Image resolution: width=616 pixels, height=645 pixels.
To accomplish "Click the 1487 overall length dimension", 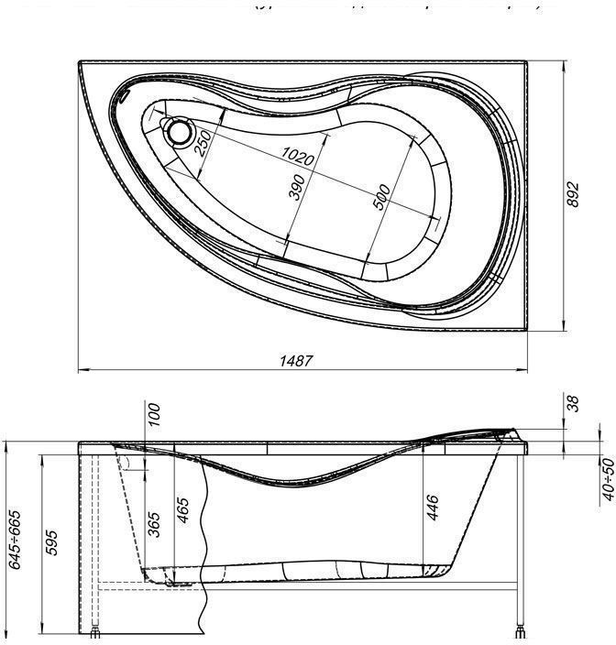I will pyautogui.click(x=296, y=360).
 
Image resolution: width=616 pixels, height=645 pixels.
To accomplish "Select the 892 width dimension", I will pyautogui.click(x=573, y=193).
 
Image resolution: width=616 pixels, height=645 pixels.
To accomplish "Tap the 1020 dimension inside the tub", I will pyautogui.click(x=298, y=157).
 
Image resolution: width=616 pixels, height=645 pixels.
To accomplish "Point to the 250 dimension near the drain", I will pyautogui.click(x=203, y=142).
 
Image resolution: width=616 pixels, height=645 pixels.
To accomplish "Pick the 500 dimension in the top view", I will pyautogui.click(x=383, y=197).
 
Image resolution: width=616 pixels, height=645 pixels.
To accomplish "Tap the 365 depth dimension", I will pyautogui.click(x=155, y=522).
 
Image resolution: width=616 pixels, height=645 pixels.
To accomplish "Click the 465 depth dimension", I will pyautogui.click(x=182, y=511).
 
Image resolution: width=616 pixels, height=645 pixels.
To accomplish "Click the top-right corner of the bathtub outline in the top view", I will pyautogui.click(x=530, y=62).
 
